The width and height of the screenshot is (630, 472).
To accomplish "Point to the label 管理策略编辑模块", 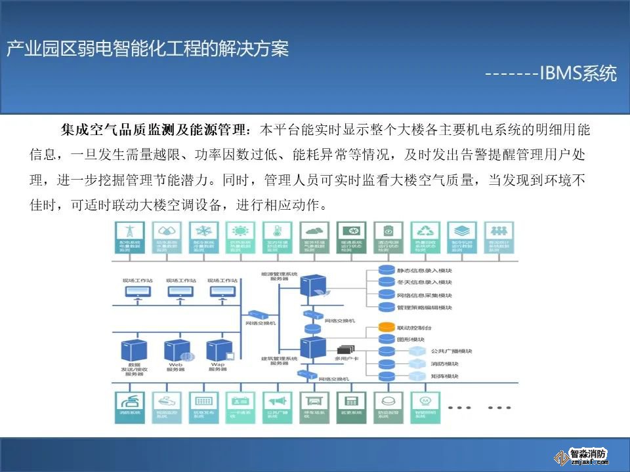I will (425, 307).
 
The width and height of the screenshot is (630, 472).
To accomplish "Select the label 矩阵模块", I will (444, 376).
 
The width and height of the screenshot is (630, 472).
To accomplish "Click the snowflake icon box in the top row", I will (203, 231).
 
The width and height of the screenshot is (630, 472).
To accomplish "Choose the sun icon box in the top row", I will (240, 231).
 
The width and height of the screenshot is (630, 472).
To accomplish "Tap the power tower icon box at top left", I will (129, 231).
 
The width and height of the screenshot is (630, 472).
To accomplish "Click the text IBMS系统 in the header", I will (577, 73).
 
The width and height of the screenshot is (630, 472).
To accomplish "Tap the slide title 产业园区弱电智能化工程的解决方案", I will (148, 49).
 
